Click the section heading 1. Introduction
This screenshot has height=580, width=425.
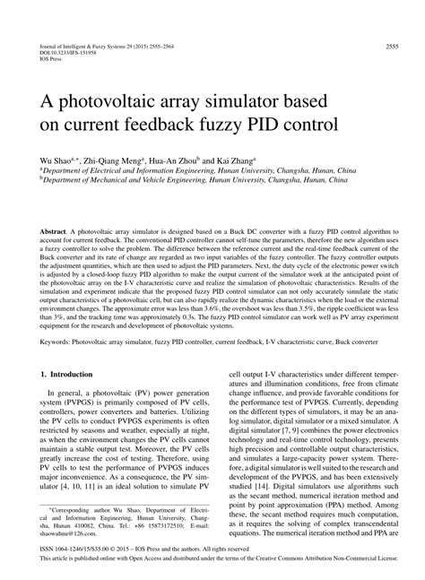[67, 373]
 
